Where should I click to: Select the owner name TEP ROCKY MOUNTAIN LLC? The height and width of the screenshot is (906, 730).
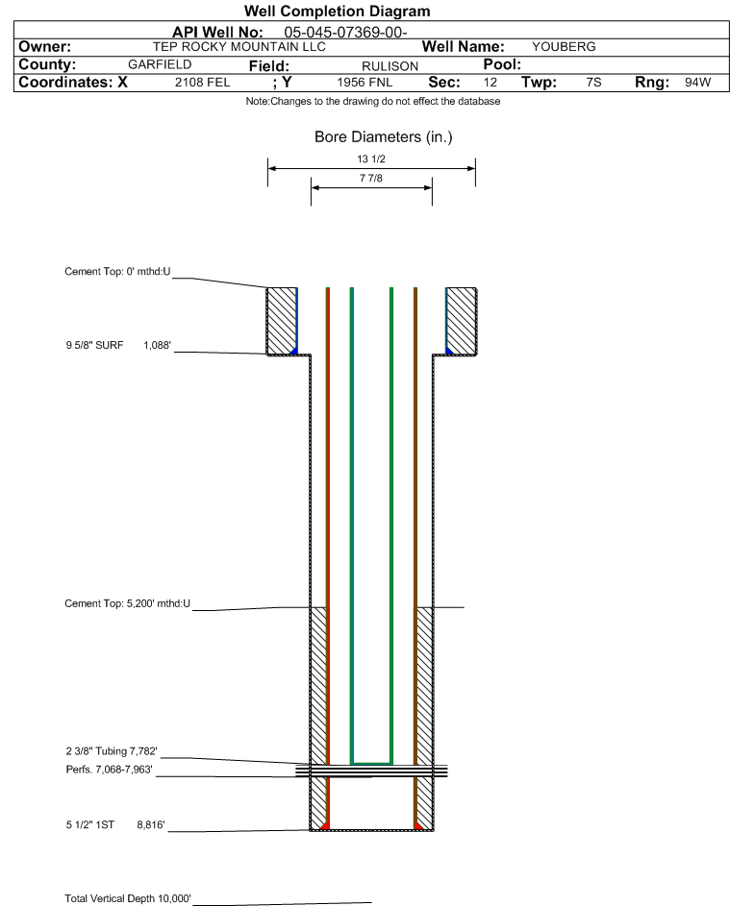(239, 46)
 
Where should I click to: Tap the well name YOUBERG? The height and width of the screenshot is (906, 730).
(564, 46)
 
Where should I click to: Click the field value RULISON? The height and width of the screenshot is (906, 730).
(390, 65)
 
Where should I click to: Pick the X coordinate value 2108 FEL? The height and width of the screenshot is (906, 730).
(202, 83)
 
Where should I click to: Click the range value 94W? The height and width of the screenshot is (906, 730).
(697, 83)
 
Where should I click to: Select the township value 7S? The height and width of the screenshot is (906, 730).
(593, 83)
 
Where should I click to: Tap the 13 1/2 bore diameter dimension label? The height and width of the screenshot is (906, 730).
(370, 159)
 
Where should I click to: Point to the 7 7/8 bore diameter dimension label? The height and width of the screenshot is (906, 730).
(370, 180)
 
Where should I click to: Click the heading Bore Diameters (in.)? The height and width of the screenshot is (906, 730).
(383, 137)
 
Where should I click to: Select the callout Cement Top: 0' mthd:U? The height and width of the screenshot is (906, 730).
(117, 272)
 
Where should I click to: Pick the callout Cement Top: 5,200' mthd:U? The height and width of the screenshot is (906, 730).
(128, 603)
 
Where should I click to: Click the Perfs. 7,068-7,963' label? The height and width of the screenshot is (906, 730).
(109, 770)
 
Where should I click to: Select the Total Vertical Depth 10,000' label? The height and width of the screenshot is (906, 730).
(128, 898)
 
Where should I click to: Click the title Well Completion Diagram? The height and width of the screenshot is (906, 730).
(338, 12)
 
